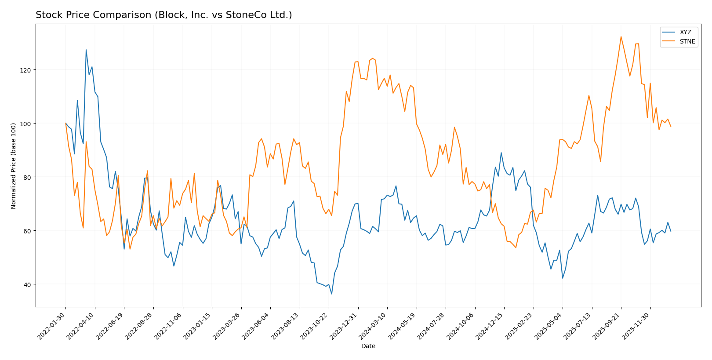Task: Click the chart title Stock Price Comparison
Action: pos(163,15)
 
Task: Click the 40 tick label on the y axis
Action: pos(28,284)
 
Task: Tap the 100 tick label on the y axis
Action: pos(26,124)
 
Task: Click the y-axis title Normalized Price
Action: pos(14,166)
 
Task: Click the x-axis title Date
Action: pos(368,346)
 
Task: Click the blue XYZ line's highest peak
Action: pos(86,50)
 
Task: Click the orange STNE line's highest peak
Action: pos(621,36)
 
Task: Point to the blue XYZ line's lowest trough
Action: pos(331,294)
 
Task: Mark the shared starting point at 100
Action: pos(65,124)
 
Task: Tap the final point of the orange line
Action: pos(670,127)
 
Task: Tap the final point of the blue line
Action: pos(670,231)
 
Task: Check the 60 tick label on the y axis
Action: pos(28,231)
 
